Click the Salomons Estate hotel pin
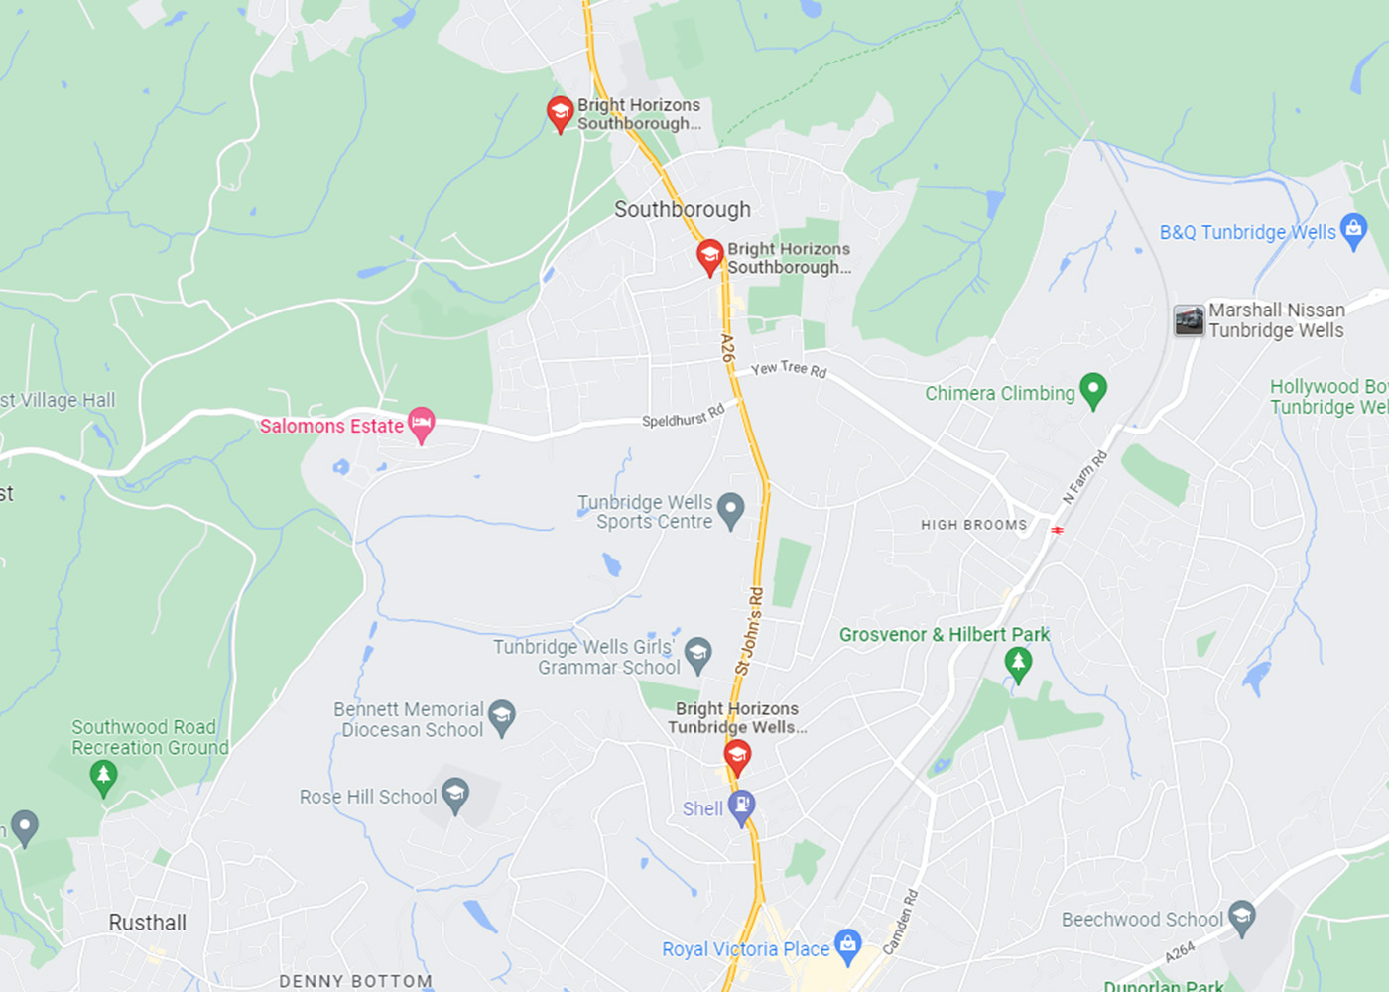422,424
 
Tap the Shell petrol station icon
741,806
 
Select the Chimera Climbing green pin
1092,390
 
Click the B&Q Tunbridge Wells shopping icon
1352,230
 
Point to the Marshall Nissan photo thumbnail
1189,320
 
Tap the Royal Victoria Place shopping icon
847,945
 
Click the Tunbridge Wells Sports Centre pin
731,510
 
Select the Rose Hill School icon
455,795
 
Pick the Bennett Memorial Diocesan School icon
502,718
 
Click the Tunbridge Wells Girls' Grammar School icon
698,654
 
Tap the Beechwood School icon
1241,918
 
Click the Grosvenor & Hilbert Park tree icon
1018,663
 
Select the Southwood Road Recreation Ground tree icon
103,777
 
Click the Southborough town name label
683,209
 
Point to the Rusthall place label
148,923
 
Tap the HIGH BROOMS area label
973,525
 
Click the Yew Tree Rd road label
789,369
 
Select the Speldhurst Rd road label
683,416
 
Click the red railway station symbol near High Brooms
1058,531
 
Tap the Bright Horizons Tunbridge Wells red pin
736,756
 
